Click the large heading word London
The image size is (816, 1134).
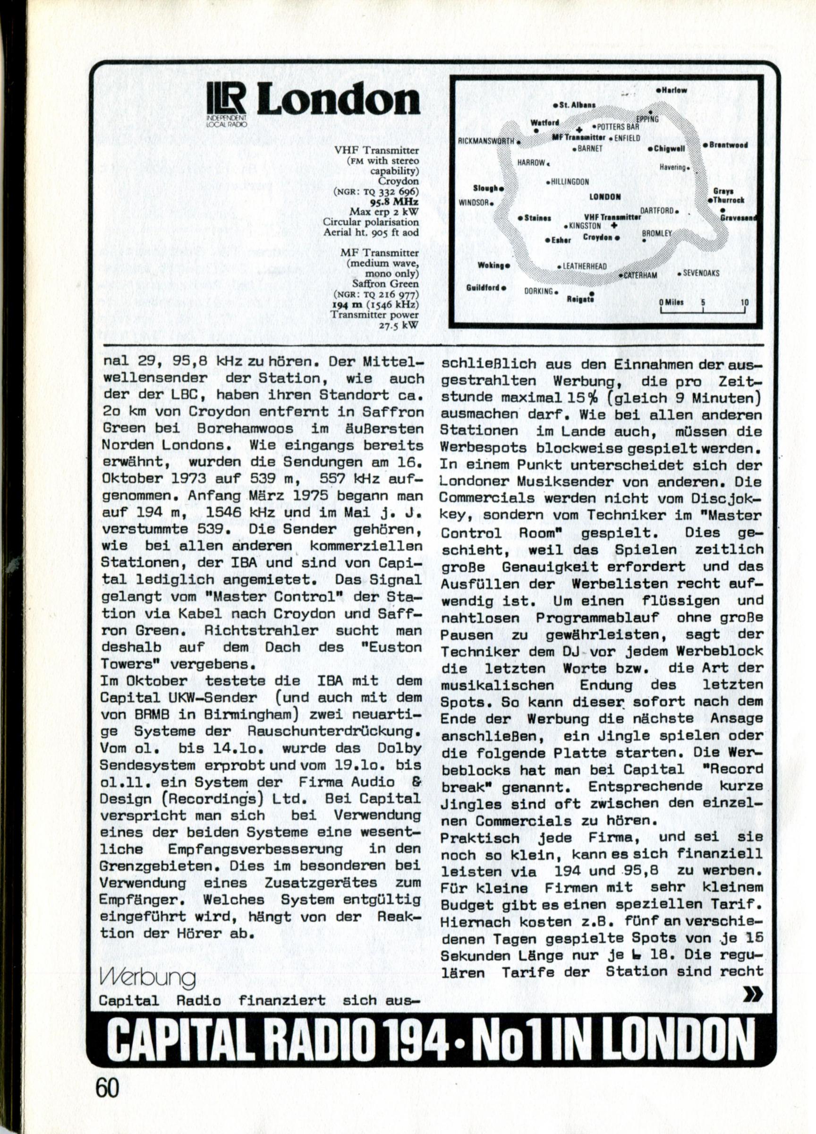[338, 100]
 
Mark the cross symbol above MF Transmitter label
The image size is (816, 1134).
[579, 129]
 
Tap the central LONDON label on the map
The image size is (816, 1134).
[605, 197]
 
